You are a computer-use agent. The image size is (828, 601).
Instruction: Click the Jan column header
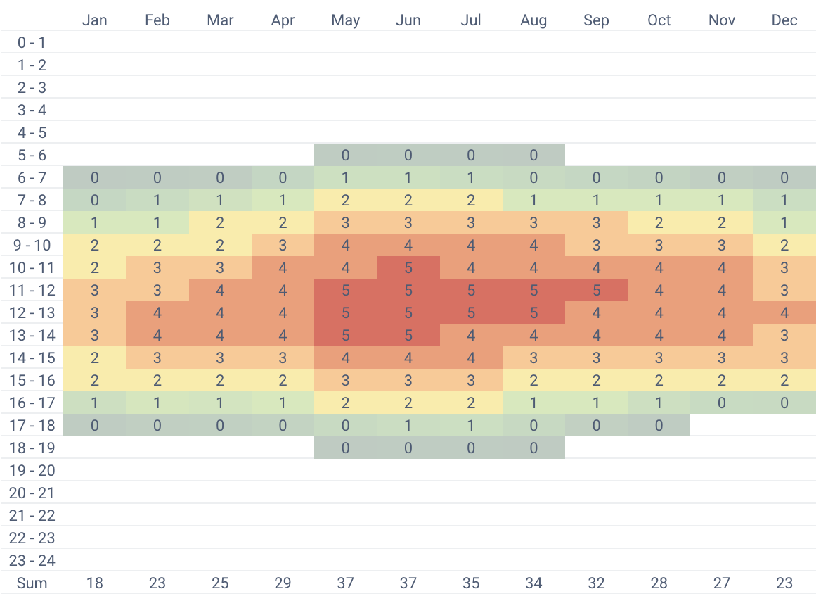[94, 20]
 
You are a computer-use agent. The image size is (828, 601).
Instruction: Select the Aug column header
[533, 20]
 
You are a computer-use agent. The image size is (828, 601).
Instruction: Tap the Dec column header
[784, 20]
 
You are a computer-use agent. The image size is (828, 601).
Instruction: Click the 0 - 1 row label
[32, 42]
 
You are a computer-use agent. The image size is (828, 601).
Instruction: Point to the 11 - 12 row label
[32, 290]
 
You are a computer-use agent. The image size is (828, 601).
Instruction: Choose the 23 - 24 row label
[32, 560]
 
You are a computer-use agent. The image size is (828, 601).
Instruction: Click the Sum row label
[32, 583]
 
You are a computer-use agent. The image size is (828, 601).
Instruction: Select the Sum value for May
[345, 583]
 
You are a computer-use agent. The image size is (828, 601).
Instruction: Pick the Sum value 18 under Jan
[94, 583]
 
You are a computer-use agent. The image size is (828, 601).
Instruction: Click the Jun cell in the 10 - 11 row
[408, 267]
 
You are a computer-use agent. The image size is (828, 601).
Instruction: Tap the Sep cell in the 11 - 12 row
[596, 290]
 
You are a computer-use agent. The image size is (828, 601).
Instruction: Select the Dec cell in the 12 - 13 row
[784, 312]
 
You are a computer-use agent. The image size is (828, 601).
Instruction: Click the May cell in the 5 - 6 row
[345, 155]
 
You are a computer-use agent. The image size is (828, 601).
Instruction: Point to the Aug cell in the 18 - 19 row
[533, 448]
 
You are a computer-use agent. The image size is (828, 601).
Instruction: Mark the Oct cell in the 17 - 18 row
[659, 425]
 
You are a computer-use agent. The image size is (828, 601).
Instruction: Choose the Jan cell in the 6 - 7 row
[94, 177]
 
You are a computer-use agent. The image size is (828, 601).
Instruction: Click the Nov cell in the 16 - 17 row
[722, 403]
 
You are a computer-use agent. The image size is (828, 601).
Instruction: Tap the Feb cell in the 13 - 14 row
[157, 335]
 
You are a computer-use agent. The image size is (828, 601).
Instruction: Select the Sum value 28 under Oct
[659, 583]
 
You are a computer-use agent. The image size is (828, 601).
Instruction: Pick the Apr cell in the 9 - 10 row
[283, 245]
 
